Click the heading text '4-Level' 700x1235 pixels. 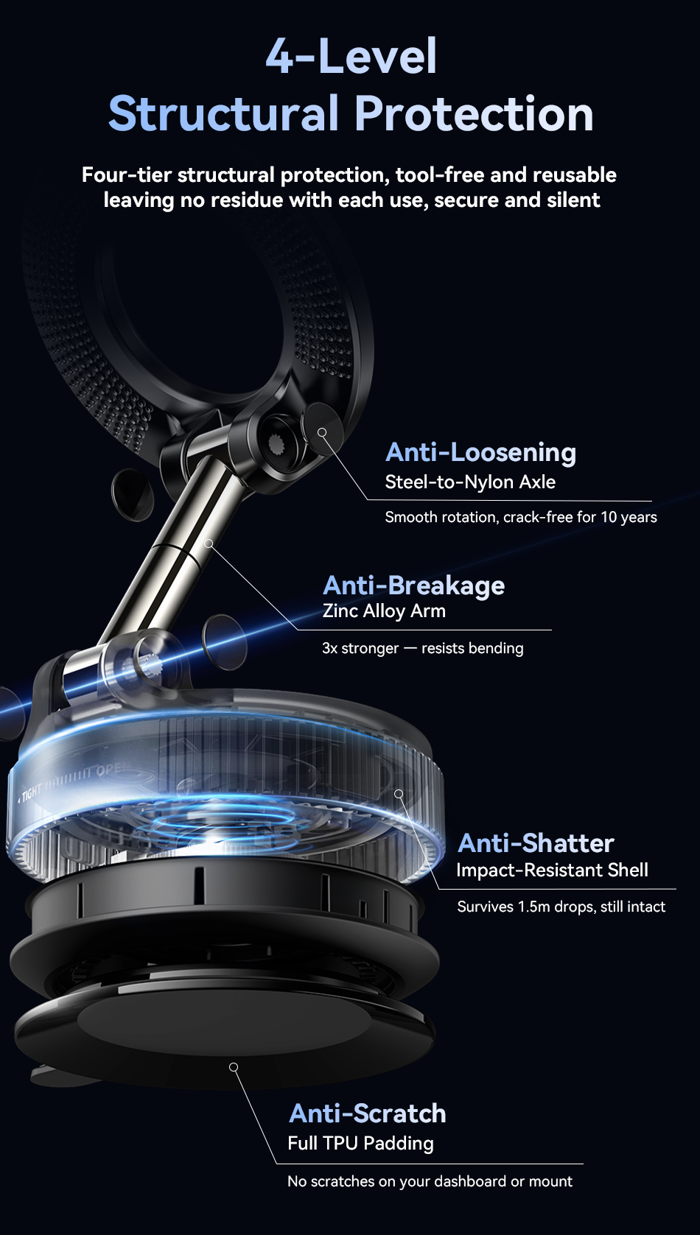(351, 56)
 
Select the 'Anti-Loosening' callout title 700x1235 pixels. (480, 453)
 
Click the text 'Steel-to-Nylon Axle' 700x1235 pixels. (470, 482)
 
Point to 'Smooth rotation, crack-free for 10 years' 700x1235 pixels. (521, 517)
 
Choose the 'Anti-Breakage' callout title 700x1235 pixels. (413, 585)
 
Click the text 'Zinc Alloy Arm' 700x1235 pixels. (384, 611)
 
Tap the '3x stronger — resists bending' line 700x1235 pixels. (422, 648)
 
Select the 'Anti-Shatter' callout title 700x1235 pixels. (536, 843)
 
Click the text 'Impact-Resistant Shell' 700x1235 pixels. (552, 870)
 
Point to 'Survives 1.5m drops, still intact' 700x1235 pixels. (561, 907)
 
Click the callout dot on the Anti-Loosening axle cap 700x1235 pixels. (322, 433)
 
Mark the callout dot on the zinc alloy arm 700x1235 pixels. (209, 543)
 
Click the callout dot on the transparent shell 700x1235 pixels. (399, 793)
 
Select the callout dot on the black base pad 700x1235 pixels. (234, 1067)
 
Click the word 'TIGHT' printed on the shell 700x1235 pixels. (31, 792)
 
